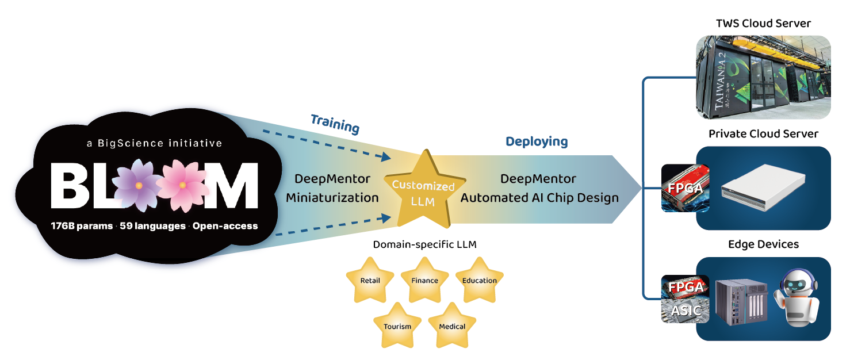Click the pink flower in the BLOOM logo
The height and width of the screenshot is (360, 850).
(182, 185)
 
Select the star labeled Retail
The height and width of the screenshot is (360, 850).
(370, 280)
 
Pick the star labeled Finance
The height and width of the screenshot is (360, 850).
(424, 280)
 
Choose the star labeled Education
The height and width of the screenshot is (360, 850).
(479, 280)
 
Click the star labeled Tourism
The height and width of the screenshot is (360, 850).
(397, 325)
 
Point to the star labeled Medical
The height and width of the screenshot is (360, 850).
(452, 325)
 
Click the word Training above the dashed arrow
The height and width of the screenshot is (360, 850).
(335, 124)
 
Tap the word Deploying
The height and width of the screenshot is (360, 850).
(536, 141)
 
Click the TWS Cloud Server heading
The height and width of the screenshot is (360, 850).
(763, 24)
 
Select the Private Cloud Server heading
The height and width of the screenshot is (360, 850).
(763, 134)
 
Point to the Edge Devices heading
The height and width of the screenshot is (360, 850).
(763, 244)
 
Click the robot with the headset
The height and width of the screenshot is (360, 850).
(797, 298)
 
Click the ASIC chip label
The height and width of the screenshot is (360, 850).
(686, 311)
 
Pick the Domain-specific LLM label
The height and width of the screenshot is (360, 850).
(424, 245)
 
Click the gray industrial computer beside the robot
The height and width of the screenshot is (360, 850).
(741, 301)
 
